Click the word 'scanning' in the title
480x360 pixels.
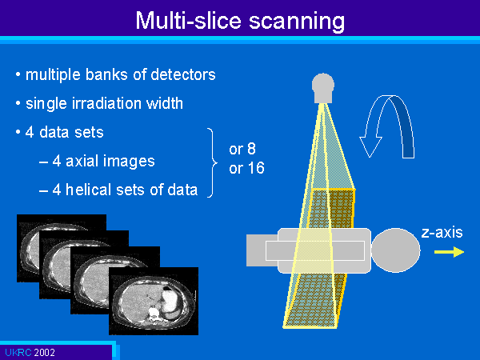(297, 22)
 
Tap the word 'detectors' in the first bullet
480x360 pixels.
(183, 74)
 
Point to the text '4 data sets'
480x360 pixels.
(65, 132)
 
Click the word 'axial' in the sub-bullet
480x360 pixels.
(80, 161)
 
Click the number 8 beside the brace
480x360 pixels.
(251, 149)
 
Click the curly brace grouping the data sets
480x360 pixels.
(212, 162)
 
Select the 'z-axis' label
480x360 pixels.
(442, 233)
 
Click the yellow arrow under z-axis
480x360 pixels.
(449, 252)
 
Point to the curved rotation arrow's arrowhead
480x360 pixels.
(370, 147)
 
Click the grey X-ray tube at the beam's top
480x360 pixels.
(323, 88)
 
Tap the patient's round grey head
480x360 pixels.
(395, 250)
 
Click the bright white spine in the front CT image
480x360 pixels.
(153, 313)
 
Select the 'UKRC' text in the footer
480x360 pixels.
(18, 353)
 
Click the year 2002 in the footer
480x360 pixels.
(45, 353)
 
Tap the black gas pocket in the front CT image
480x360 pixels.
(167, 288)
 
